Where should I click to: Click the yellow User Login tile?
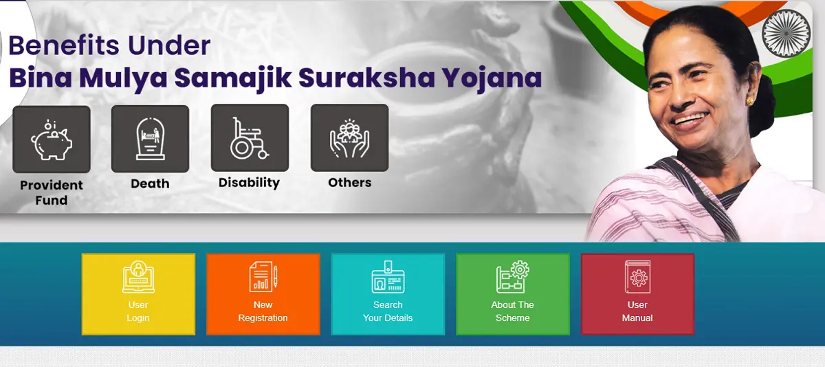138,294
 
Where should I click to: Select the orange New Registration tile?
263,294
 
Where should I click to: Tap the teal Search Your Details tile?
388,294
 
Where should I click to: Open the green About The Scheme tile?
513,294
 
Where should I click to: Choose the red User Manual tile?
637,294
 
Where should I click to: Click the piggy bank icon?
52,140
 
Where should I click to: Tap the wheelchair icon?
250,138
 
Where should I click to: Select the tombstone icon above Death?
151,139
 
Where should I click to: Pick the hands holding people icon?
349,138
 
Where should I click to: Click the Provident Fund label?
52,192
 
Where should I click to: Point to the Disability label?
250,183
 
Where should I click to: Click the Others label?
350,183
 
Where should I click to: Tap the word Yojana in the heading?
492,79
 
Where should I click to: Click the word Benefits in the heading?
64,45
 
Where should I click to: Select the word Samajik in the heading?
233,79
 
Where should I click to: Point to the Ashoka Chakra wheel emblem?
786,33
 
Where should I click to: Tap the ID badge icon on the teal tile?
388,277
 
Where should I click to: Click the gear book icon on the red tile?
637,277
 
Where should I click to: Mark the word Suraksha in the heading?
366,78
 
